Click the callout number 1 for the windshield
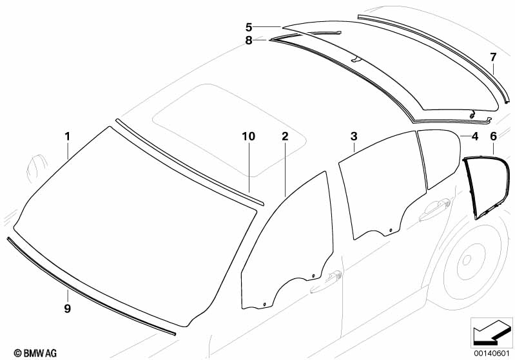point(67,137)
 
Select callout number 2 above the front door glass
point(285,137)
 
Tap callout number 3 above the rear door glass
point(354,137)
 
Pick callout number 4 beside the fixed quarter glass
point(475,137)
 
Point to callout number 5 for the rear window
point(249,27)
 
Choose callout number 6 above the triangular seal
point(494,137)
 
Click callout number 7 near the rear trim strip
point(493,57)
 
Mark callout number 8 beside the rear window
point(249,41)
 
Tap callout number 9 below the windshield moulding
point(67,308)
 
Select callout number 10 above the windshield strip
point(249,137)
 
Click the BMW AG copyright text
point(35,353)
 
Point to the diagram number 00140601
point(492,354)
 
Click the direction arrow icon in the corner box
point(492,332)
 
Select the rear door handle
point(435,209)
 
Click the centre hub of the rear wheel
point(467,261)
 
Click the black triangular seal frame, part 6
point(487,187)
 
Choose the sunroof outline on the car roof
point(229,130)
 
